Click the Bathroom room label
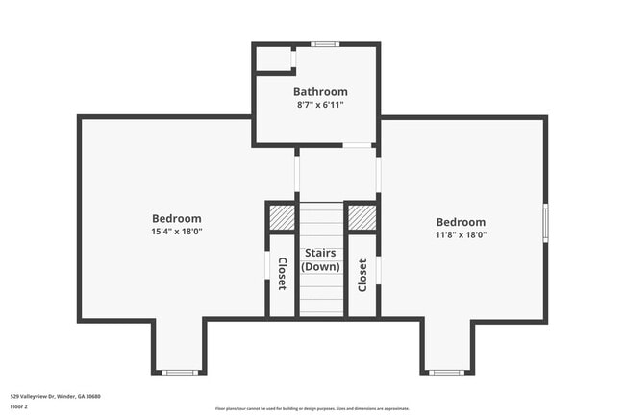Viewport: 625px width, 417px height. click(320, 92)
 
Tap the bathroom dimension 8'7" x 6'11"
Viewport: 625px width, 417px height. click(320, 105)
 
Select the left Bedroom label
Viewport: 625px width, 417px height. click(177, 218)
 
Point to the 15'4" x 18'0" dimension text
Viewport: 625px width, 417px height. click(177, 232)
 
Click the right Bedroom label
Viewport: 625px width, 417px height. click(461, 222)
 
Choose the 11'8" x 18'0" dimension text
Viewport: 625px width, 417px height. click(461, 234)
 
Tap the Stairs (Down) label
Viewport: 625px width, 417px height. click(320, 259)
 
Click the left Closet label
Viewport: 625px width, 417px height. click(282, 274)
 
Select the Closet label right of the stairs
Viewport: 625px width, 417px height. click(362, 275)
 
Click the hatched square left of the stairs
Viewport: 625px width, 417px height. click(282, 218)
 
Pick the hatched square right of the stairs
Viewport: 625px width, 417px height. click(362, 218)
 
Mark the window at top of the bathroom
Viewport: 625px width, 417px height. click(325, 44)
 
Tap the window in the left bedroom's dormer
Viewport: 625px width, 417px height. click(179, 372)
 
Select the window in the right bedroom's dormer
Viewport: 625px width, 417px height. click(446, 372)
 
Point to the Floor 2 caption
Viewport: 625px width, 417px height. click(20, 406)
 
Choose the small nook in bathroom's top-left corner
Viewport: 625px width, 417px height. click(274, 59)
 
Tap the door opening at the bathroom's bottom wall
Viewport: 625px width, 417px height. click(358, 145)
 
